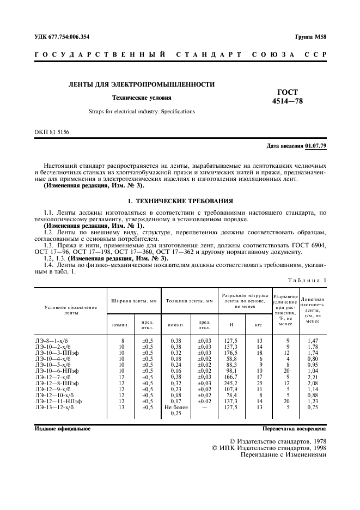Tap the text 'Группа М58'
pos(310,37)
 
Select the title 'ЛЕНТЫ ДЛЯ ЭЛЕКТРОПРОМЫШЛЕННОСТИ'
pos(141,84)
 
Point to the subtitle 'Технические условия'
pos(142,98)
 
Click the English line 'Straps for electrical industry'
pos(142,112)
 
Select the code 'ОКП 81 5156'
pos(52,132)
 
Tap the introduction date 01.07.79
pos(315,145)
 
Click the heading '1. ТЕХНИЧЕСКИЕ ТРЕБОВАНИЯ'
pos(180,201)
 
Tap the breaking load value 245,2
pos(231,383)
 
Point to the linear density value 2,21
pos(313,377)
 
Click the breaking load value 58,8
pos(231,359)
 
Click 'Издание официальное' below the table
pos(63,429)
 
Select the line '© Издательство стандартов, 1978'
pos(278,441)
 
